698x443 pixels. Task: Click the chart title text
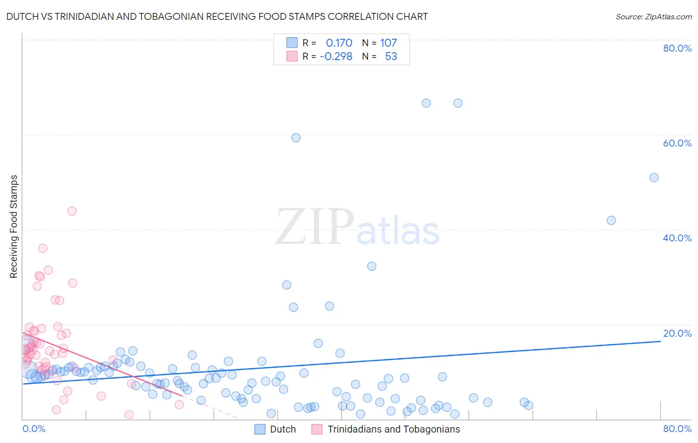click(217, 16)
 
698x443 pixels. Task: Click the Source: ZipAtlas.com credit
click(653, 16)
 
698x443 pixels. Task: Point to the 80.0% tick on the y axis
click(677, 48)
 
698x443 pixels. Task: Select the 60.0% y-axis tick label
click(677, 143)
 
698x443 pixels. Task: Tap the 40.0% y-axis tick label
click(677, 238)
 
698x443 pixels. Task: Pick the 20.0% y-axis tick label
click(677, 333)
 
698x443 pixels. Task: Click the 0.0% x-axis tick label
click(34, 429)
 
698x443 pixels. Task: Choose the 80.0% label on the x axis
click(677, 429)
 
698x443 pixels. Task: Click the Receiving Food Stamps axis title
click(14, 226)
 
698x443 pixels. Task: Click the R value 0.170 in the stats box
click(339, 43)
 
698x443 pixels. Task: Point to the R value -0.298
click(336, 57)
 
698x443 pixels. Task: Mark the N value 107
click(388, 43)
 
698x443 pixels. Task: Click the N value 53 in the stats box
click(391, 57)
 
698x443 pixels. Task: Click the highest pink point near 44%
click(72, 211)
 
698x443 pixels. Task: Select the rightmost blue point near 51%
click(654, 178)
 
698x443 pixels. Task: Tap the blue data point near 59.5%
click(296, 138)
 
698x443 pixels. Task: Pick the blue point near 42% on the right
click(611, 221)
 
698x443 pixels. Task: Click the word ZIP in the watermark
click(315, 227)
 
